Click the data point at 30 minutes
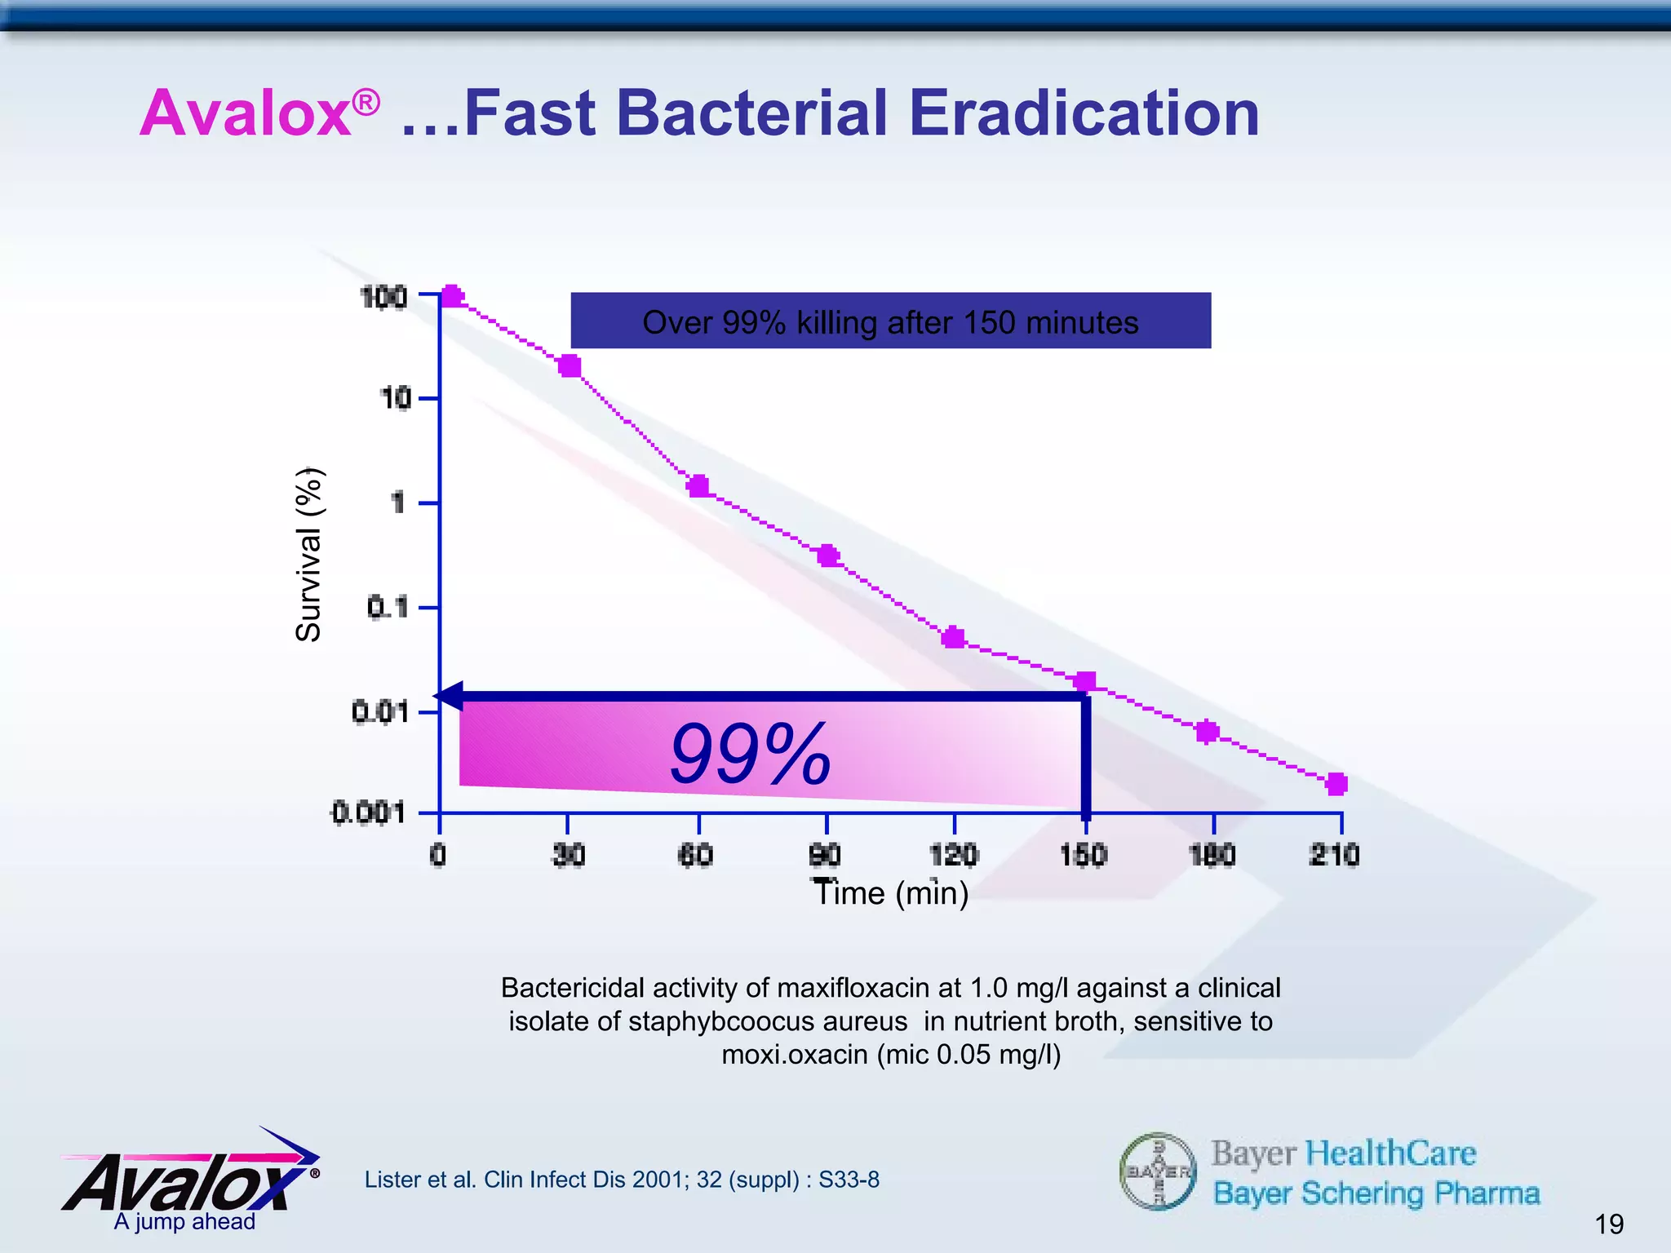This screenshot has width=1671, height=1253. (x=570, y=365)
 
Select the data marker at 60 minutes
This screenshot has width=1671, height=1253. (x=698, y=486)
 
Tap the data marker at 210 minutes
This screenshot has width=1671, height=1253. (x=1336, y=784)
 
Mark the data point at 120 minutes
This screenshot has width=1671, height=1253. (x=953, y=637)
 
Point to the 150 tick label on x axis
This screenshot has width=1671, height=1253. (x=1083, y=855)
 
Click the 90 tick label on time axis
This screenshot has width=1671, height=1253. (x=825, y=855)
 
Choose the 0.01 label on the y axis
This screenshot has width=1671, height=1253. (x=380, y=712)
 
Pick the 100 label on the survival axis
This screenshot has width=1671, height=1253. (x=383, y=298)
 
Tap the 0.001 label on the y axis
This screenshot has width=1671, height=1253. (x=368, y=812)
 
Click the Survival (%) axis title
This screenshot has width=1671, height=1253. (x=309, y=555)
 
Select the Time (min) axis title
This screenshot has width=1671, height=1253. (x=891, y=892)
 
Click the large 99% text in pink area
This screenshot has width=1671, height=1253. (x=750, y=755)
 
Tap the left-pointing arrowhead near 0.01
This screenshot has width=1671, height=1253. (x=450, y=696)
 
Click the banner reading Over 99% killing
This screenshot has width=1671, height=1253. (x=890, y=321)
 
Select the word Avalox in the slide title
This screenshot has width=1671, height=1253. (x=246, y=113)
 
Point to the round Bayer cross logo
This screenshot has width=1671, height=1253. (x=1158, y=1171)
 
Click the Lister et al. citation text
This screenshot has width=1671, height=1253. (x=622, y=1180)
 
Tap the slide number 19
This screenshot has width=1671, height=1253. (x=1609, y=1224)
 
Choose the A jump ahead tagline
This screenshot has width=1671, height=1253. (x=184, y=1221)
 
